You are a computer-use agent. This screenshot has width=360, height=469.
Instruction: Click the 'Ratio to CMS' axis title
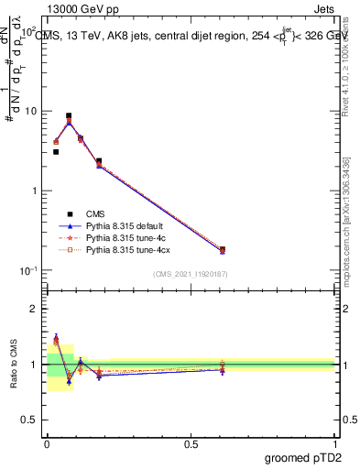15,365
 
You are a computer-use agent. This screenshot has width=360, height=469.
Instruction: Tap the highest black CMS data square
69,116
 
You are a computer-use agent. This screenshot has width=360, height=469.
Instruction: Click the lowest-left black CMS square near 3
56,152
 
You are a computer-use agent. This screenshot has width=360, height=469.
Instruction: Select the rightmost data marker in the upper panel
223,249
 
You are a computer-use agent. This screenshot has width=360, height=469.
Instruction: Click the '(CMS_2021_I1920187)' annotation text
191,274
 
